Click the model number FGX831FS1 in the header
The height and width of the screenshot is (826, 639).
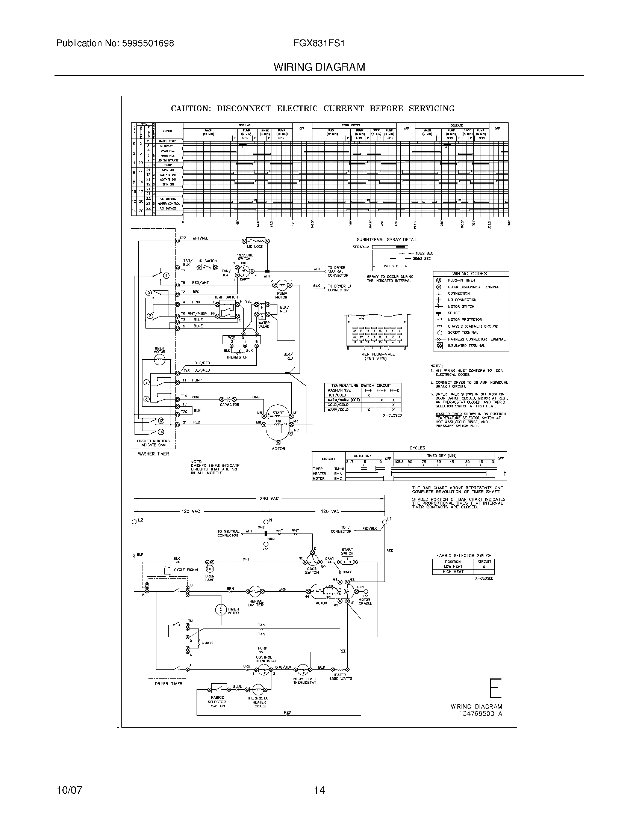pos(319,44)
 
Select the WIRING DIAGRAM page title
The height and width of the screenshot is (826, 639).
pos(319,67)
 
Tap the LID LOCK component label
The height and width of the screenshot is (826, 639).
pos(255,247)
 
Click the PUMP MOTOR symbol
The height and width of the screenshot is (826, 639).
pos(282,283)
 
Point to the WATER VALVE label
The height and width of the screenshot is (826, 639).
pos(264,324)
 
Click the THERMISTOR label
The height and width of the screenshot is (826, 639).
pos(237,357)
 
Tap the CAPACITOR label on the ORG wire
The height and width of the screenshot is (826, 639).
pos(229,404)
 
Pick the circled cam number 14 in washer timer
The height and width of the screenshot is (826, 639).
pos(161,431)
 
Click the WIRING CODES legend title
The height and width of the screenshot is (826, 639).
pos(469,273)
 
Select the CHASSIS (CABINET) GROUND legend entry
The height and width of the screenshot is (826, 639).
pos(473,326)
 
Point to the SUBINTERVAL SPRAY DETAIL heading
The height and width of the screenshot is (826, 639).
pos(387,240)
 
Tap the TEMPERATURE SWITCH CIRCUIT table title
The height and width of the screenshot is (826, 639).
pos(361,385)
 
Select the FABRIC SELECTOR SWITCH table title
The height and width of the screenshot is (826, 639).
pos(464,555)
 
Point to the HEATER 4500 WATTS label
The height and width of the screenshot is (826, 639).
pos(339,677)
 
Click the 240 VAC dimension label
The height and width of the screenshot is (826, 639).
pos(269,498)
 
